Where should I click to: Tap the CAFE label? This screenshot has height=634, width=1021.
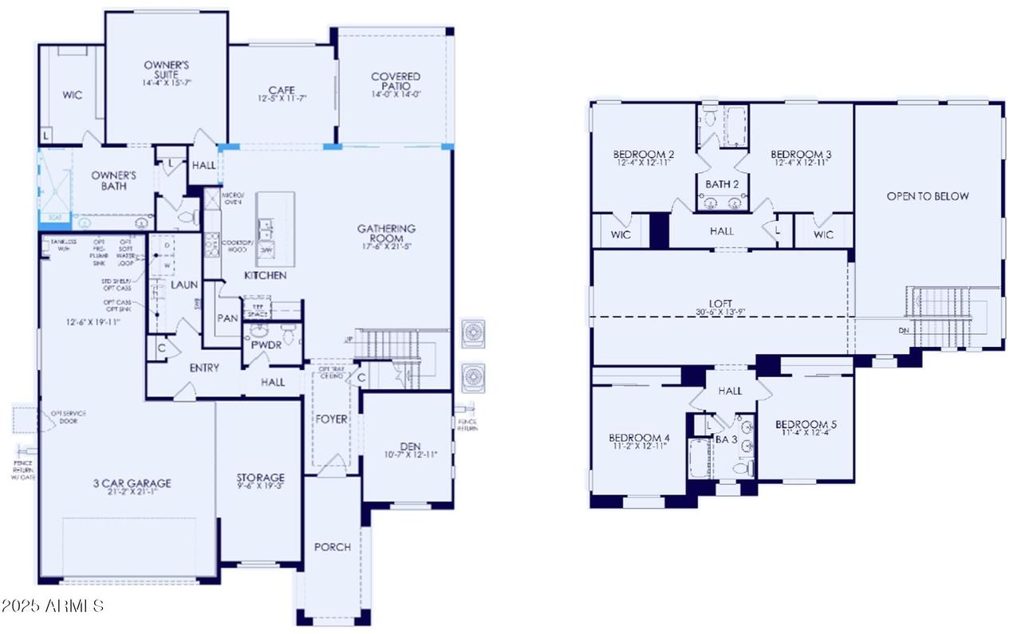coord(282,90)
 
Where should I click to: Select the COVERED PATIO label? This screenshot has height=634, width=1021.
coord(396,81)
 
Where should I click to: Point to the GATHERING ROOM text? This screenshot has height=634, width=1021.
coord(386,234)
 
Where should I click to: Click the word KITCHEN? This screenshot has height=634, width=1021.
coord(265,275)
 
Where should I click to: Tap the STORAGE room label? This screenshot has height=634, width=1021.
coord(260,478)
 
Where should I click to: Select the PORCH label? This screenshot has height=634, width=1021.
coord(332,547)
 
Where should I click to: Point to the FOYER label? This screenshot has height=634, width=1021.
coord(332,419)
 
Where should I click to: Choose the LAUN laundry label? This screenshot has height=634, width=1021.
coord(184,285)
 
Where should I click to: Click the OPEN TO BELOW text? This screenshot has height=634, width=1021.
coord(928,196)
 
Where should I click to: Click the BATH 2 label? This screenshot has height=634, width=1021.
coord(722,184)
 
